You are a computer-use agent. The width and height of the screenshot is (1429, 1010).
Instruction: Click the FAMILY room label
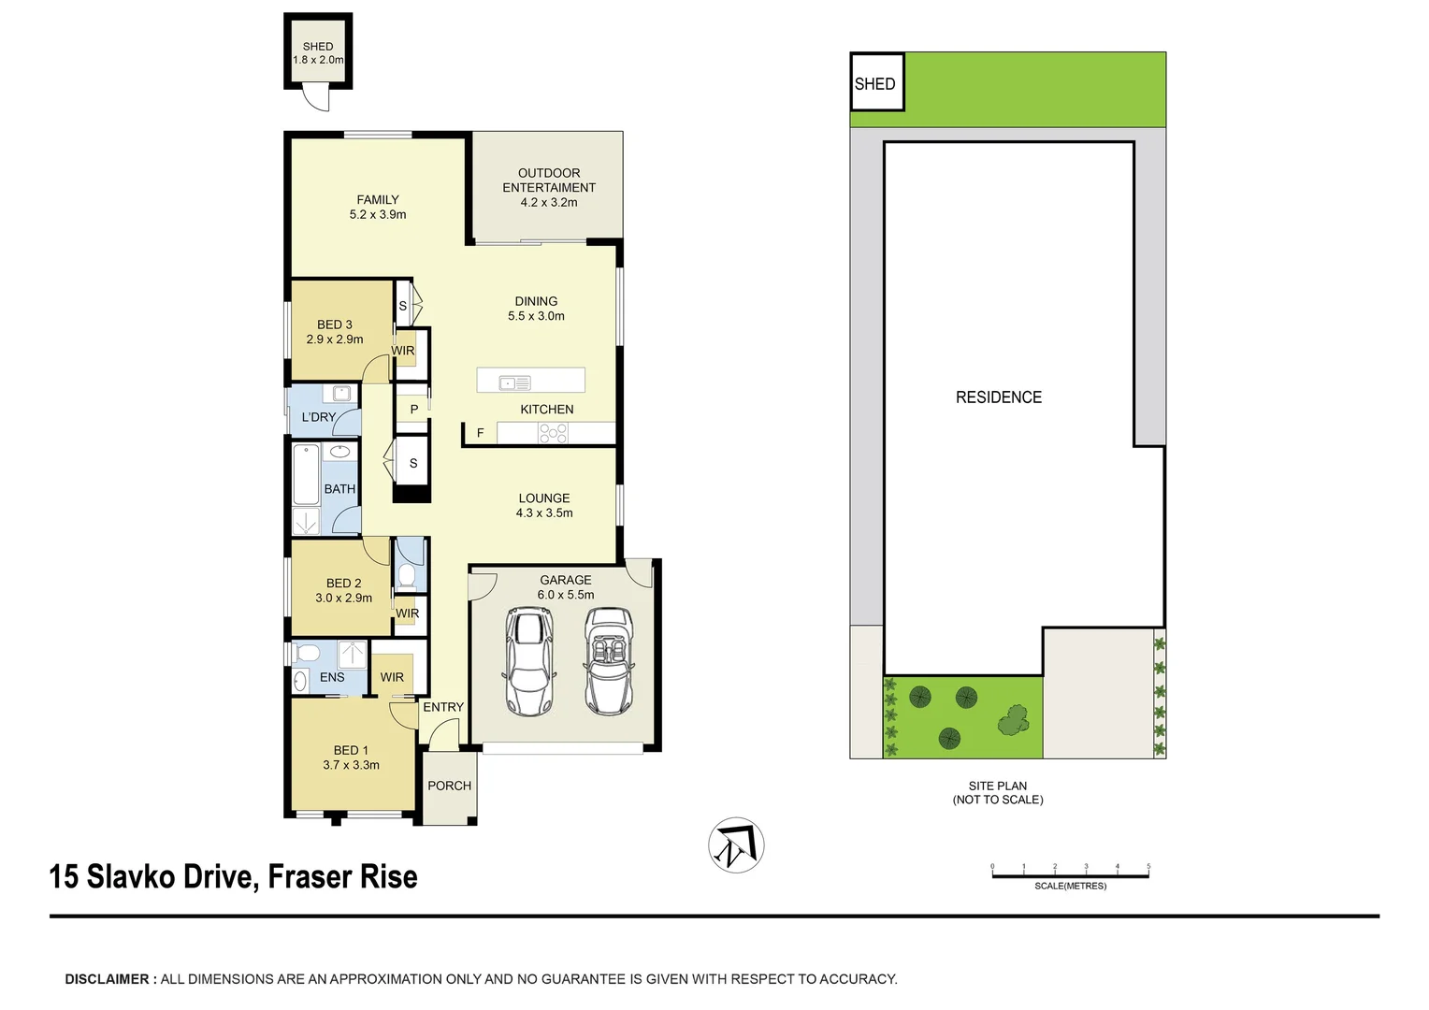tap(378, 199)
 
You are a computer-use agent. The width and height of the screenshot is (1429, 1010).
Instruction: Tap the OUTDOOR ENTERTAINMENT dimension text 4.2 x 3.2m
tap(549, 202)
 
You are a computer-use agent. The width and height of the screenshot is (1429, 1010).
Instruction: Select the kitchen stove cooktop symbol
tap(553, 432)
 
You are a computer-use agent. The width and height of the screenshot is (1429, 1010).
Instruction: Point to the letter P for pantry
tap(413, 410)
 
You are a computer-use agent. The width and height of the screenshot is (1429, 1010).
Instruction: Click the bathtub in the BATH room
tap(307, 474)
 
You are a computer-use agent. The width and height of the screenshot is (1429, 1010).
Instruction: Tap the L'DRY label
tap(318, 417)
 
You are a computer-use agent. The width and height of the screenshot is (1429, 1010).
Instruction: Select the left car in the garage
tap(528, 661)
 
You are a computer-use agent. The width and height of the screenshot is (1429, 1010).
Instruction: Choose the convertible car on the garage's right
tap(608, 661)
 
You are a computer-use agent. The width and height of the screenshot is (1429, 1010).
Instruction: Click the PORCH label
tap(449, 786)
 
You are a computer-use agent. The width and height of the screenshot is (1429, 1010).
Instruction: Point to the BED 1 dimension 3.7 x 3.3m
tap(351, 765)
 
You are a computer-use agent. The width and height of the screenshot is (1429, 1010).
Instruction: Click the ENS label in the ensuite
tap(332, 677)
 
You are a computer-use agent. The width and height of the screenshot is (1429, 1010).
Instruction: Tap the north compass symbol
tap(736, 845)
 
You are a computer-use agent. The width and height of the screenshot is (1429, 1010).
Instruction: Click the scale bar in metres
tap(1070, 875)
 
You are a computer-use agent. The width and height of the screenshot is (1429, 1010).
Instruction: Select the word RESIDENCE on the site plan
tap(998, 397)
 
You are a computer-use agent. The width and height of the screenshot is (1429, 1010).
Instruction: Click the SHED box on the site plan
tap(875, 83)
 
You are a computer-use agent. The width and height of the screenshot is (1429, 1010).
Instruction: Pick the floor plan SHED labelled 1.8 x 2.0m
tap(318, 53)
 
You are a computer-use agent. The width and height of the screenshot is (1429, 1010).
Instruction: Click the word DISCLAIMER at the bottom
tap(107, 979)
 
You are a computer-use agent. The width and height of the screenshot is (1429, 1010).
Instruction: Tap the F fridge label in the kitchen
tap(481, 433)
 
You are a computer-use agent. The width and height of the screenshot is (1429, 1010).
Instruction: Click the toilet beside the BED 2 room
tap(407, 571)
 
